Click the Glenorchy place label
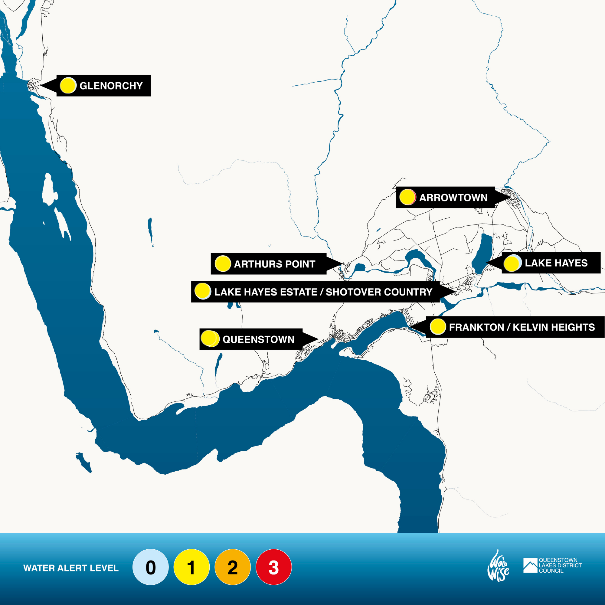pos(111,86)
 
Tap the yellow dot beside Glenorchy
pos(68,85)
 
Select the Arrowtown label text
pos(453,198)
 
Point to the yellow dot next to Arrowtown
pos(407,197)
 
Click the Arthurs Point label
pos(274,264)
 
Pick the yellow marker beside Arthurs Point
pos(223,263)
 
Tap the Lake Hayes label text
pos(556,263)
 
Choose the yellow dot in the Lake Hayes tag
pos(512,263)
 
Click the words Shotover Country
pos(379,292)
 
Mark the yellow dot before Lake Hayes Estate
pos(202,291)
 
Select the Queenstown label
pos(258,339)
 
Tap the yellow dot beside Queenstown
pos(209,338)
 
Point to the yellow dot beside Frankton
pos(438,327)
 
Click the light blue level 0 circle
pos(150,567)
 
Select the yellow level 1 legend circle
pos(191,567)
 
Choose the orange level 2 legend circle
pos(232,567)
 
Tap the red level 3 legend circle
pos(274,567)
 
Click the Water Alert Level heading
pos(71,568)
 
